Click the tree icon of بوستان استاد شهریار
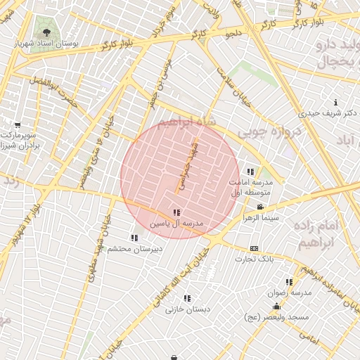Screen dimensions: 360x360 click(46, 32)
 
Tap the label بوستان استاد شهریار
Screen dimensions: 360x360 click(46, 44)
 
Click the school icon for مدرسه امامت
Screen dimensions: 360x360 click(250, 172)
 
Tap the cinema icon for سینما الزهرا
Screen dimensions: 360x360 click(261, 207)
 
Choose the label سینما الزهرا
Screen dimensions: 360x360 click(261, 218)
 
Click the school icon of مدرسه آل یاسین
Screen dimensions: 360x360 click(176, 212)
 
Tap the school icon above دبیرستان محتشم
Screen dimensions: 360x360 click(134, 238)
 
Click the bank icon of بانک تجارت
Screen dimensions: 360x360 click(254, 248)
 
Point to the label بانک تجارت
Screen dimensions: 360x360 click(254, 259)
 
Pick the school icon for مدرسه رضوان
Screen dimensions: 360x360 click(289, 282)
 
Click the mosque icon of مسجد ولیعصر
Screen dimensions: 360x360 click(276, 307)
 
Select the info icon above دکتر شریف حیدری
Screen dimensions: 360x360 click(335, 102)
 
